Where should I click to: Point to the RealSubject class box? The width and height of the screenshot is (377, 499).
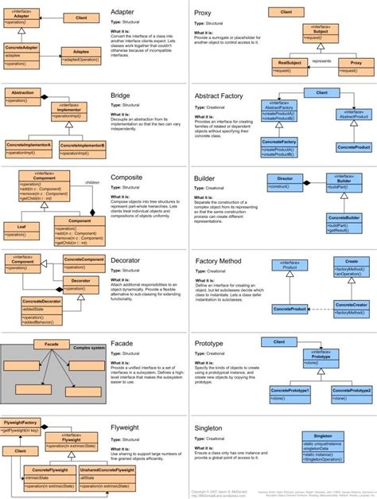click(x=289, y=64)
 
